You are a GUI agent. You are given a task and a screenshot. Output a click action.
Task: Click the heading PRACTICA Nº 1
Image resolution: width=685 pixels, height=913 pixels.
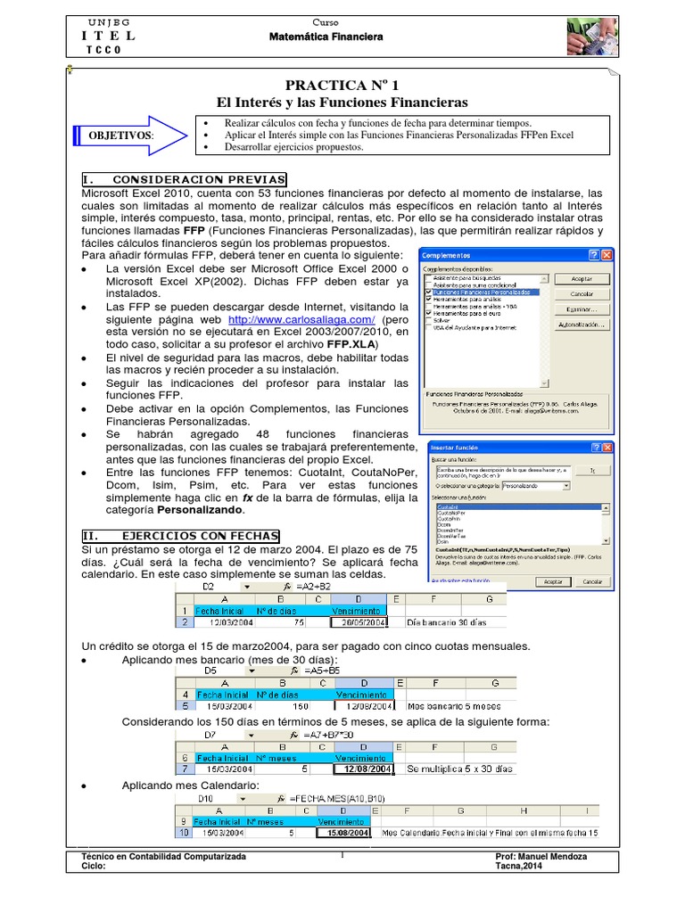(342, 85)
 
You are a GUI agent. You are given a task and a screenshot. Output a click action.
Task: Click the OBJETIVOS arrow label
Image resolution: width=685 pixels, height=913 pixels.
(120, 135)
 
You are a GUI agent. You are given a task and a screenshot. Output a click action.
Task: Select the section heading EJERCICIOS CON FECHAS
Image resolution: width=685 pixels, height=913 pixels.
(180, 536)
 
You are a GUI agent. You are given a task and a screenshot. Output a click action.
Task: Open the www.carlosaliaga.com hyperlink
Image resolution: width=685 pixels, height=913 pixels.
(301, 318)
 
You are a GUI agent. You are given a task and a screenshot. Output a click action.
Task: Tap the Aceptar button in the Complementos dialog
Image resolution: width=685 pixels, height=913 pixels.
(582, 278)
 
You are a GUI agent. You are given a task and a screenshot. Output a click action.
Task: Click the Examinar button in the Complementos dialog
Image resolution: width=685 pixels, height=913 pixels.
(582, 309)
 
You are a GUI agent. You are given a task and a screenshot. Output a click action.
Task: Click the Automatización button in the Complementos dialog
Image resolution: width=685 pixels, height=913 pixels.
(582, 325)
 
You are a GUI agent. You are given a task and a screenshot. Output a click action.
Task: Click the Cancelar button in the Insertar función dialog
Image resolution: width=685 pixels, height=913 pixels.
(592, 580)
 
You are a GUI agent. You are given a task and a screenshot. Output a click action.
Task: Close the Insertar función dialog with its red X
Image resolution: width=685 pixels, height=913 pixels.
(607, 447)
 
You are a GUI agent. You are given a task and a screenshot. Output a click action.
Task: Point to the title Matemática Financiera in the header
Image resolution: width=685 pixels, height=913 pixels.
(326, 37)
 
